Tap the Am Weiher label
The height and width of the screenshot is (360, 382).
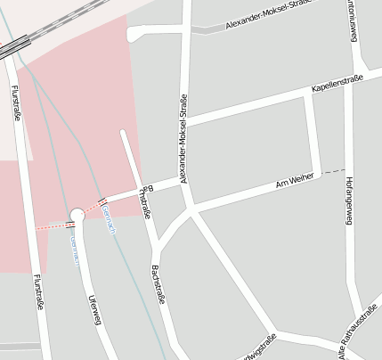295,182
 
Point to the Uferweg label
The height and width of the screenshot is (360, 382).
94,309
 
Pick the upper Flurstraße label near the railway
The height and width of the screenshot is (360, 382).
16,102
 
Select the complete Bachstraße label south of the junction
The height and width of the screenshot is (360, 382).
158,283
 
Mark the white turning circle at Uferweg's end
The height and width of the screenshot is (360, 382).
77,214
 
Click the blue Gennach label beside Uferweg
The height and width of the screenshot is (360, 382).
76,251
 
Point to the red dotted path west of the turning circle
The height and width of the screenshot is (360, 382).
52,227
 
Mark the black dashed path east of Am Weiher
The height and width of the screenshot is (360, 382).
333,170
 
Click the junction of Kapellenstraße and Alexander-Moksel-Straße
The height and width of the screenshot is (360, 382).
186,119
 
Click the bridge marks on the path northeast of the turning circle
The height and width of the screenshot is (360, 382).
102,200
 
